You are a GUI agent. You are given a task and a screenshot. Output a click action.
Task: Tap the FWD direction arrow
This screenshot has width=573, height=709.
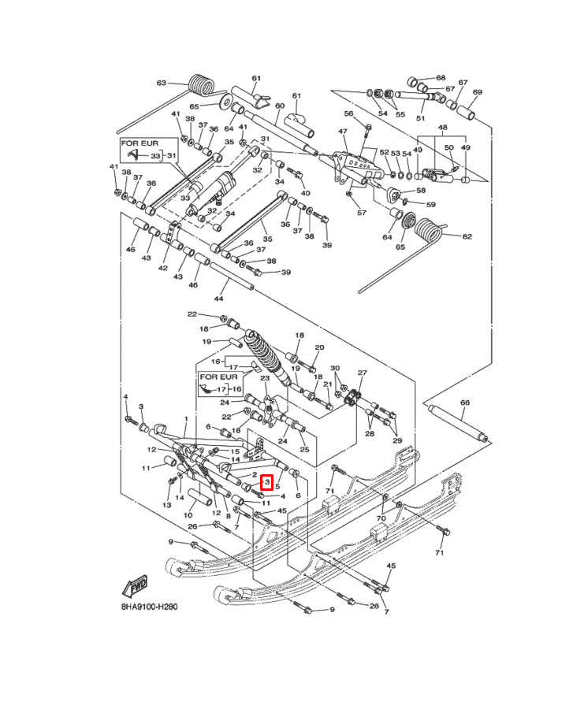135,587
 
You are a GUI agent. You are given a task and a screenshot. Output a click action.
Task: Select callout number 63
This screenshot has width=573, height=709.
162,83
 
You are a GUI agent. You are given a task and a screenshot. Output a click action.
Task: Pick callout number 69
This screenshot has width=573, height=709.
477,92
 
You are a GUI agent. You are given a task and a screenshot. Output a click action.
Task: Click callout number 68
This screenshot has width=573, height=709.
441,78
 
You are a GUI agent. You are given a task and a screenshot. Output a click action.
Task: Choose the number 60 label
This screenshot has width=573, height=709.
278,106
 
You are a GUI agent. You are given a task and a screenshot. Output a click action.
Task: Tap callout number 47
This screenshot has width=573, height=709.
343,132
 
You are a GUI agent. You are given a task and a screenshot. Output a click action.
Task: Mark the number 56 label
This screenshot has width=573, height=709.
348,113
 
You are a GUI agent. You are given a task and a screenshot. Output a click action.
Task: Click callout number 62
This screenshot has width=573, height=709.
467,236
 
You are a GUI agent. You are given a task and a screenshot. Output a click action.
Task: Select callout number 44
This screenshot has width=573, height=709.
218,299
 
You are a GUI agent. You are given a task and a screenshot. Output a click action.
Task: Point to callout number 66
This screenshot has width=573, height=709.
464,403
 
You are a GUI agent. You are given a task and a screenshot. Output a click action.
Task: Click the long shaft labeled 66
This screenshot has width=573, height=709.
458,423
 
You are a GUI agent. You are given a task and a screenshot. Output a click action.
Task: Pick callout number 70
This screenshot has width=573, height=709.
381,519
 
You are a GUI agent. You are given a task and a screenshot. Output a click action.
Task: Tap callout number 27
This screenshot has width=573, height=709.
363,373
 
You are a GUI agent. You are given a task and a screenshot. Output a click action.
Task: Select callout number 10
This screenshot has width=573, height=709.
188,515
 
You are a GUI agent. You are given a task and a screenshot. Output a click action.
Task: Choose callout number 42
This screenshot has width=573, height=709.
163,268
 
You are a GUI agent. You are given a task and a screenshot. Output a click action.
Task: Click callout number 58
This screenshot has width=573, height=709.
421,191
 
